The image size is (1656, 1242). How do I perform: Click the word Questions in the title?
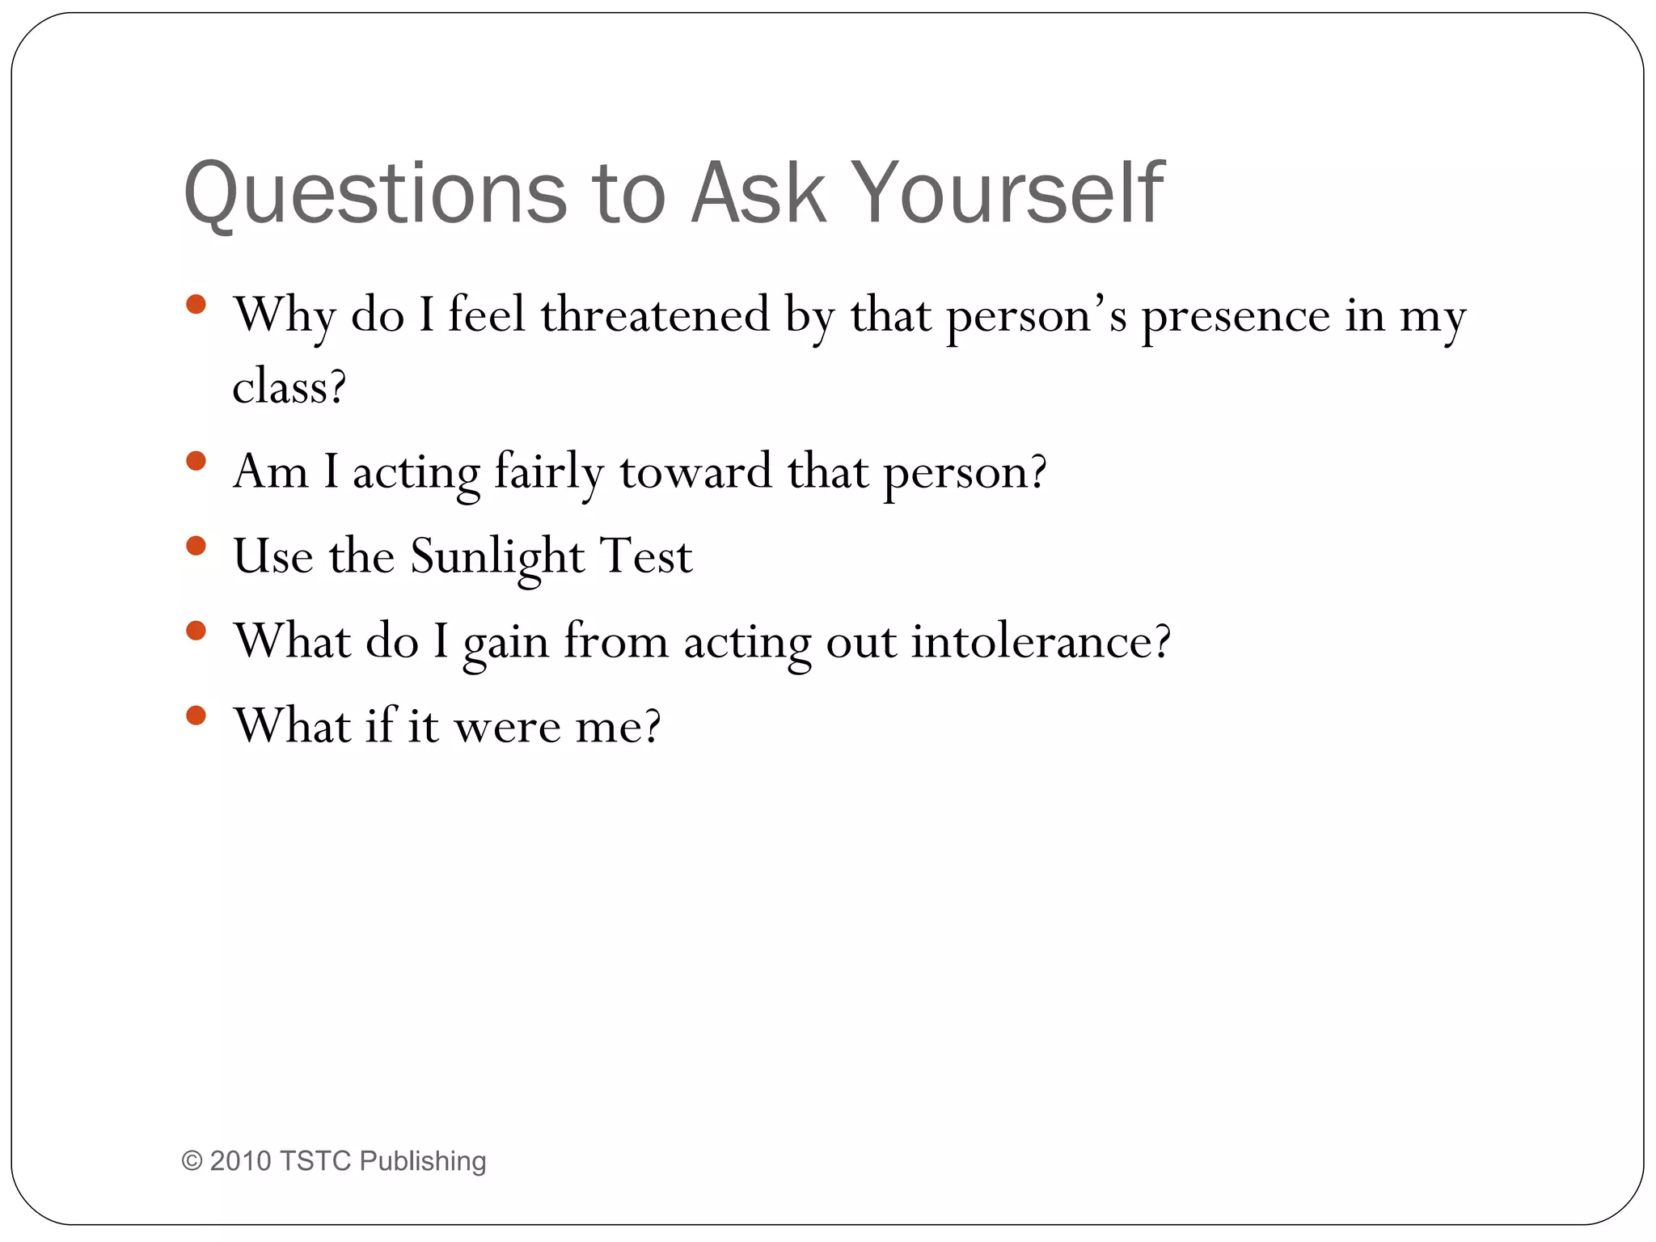click(x=376, y=194)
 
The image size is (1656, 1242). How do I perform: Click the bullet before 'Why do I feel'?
click(x=196, y=305)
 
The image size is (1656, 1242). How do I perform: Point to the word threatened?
click(x=655, y=315)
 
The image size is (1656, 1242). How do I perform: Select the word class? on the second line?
click(x=289, y=387)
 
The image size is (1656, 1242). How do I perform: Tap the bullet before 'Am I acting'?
click(x=196, y=461)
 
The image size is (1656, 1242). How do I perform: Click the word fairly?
click(x=549, y=472)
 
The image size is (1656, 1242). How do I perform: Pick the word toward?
click(x=695, y=471)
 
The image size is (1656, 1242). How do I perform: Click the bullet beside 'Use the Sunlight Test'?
click(x=196, y=546)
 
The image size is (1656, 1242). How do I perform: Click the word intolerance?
click(x=1041, y=641)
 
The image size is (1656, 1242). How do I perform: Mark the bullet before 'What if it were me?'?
click(x=196, y=715)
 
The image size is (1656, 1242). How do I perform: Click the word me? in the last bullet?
click(x=618, y=726)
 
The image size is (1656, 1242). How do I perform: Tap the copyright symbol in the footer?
click(x=192, y=1161)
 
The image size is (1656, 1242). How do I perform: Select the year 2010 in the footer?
click(x=240, y=1161)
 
